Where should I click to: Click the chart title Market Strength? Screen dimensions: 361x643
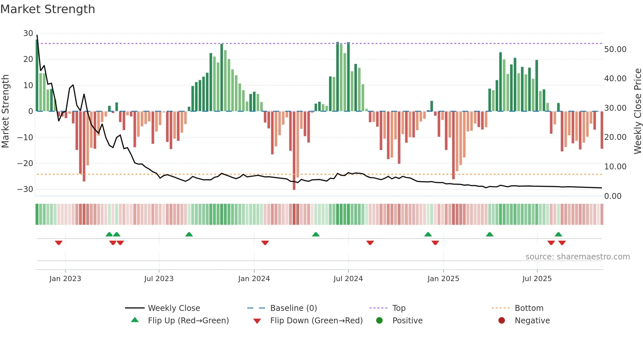48,9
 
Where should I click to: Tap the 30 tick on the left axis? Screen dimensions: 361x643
28,33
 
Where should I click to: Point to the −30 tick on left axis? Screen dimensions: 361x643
25,189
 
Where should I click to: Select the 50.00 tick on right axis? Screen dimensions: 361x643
615,49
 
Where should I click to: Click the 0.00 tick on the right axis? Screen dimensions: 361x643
612,196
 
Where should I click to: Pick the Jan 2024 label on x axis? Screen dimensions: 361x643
254,278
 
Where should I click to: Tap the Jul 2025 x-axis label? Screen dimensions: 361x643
537,278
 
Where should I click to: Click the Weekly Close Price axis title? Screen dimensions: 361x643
637,111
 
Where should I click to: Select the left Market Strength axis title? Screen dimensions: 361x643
5,111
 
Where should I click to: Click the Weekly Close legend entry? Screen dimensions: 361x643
174,308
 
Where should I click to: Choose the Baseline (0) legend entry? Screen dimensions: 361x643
293,308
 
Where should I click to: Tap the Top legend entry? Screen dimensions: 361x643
399,308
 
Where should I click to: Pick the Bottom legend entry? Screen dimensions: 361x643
529,308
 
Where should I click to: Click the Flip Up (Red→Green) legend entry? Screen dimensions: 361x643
188,320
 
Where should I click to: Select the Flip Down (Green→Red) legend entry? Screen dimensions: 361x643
316,320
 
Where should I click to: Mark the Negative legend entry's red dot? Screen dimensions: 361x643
501,320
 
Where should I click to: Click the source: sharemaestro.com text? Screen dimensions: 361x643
577,256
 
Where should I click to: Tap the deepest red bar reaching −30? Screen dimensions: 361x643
294,151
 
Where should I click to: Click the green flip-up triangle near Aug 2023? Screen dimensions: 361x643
189,234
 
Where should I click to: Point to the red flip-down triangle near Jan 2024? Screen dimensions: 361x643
265,243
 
